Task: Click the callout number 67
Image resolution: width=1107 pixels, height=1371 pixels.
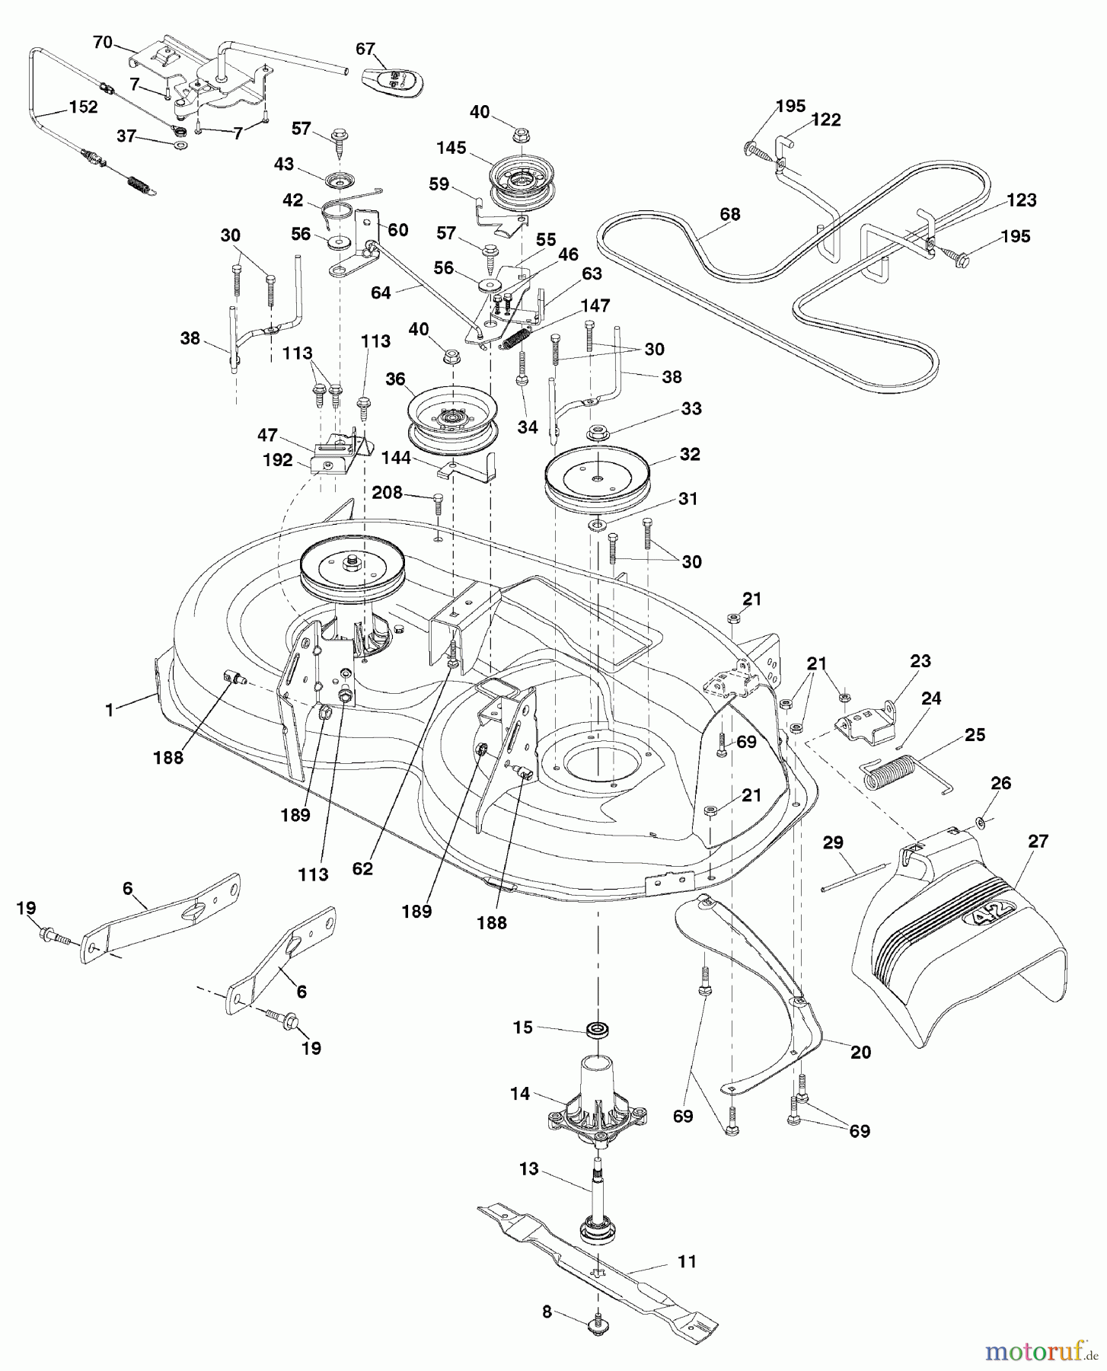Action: pyautogui.click(x=365, y=49)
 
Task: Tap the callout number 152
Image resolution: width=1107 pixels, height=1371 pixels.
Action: pyautogui.click(x=83, y=107)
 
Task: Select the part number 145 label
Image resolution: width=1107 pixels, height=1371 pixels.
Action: pyautogui.click(x=451, y=147)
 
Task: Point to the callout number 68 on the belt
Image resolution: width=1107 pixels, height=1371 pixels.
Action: pyautogui.click(x=729, y=215)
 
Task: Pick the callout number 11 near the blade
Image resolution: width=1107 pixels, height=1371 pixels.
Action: pyautogui.click(x=687, y=1261)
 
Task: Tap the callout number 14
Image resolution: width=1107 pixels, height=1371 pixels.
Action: pyautogui.click(x=521, y=1093)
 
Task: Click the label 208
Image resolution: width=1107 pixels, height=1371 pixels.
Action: pyautogui.click(x=387, y=494)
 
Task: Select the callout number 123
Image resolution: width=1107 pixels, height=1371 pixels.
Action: pyautogui.click(x=1020, y=200)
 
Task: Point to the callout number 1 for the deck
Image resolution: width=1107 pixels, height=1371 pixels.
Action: pyautogui.click(x=109, y=709)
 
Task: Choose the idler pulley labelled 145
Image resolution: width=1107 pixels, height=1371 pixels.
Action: pyautogui.click(x=518, y=183)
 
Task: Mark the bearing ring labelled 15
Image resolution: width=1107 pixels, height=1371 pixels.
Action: pyautogui.click(x=598, y=1030)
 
